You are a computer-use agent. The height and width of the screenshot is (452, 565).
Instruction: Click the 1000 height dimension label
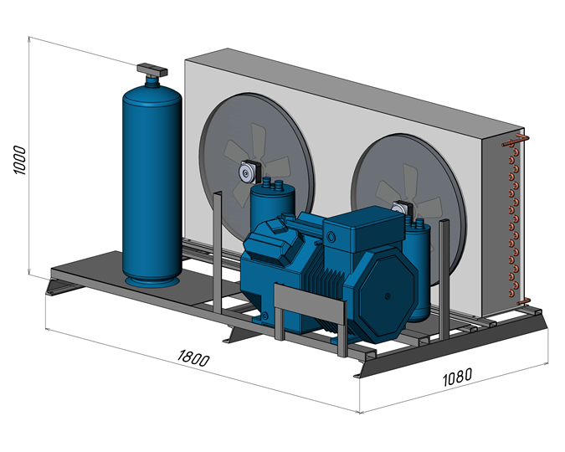click(x=21, y=160)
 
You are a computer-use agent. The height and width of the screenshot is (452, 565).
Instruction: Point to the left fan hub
click(x=248, y=172)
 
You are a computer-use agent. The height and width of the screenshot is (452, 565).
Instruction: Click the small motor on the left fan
click(x=248, y=172)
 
